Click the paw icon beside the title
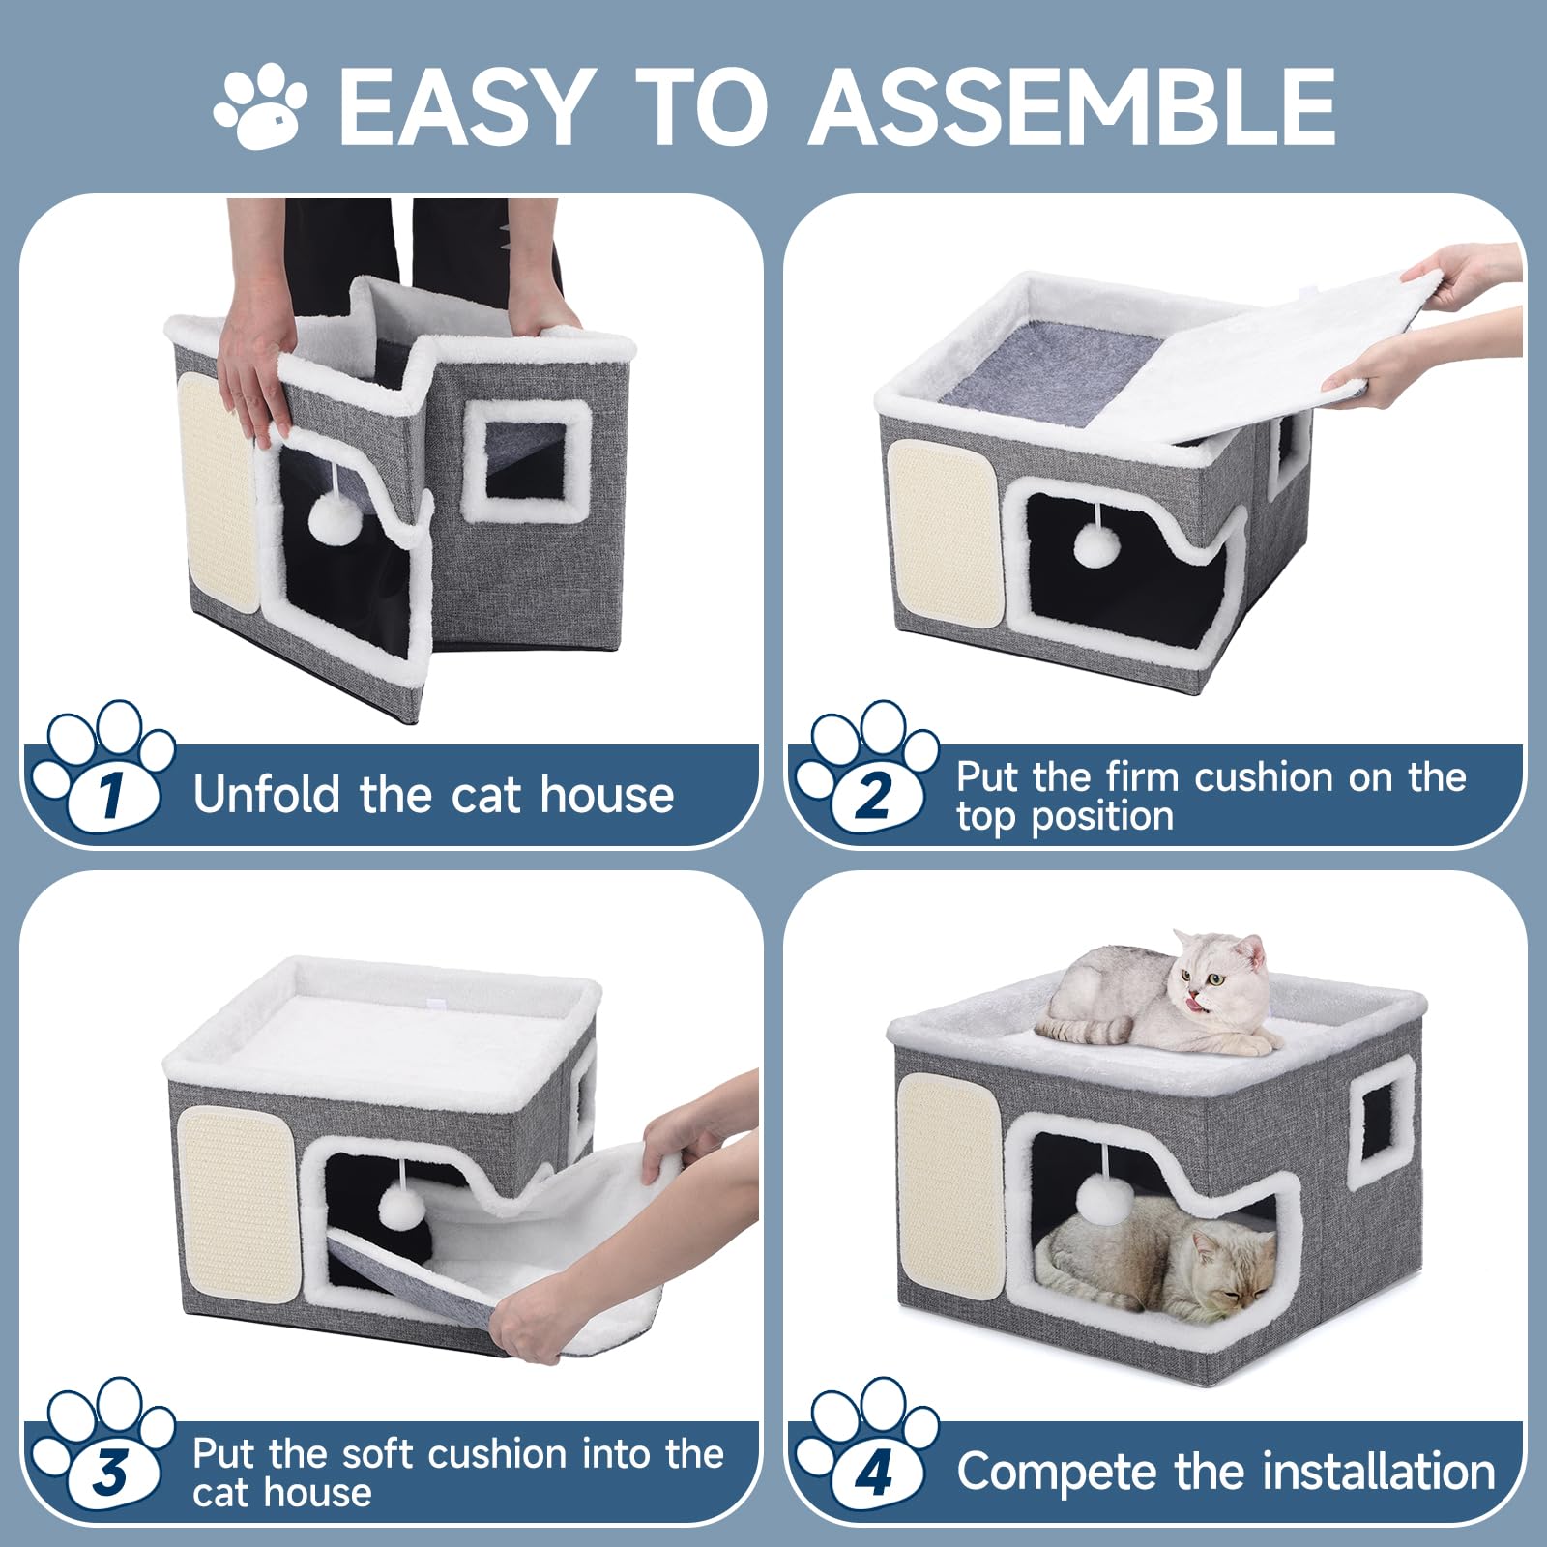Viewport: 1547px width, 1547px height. click(x=259, y=104)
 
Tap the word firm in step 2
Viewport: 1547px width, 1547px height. click(x=1147, y=776)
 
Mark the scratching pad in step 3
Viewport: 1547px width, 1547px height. click(x=238, y=1204)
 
